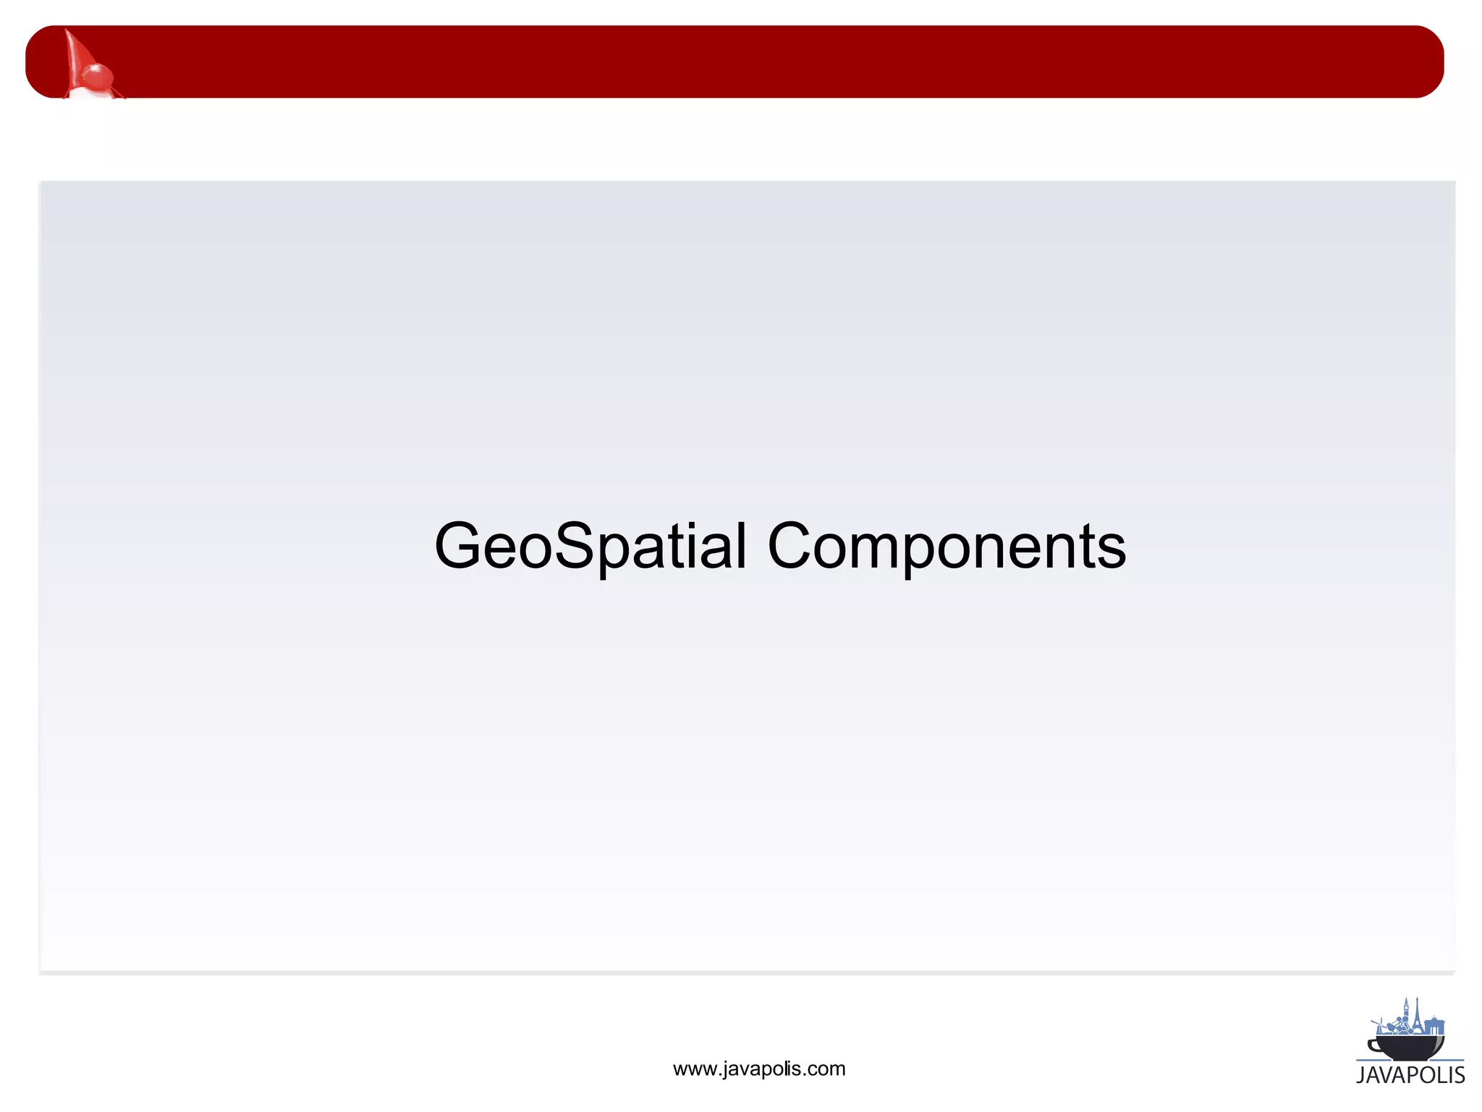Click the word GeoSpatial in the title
pos(590,547)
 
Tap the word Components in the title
pos(946,547)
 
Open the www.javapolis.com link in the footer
pos(758,1069)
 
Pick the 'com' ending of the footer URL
pos(828,1069)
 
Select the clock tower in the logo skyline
pos(1405,1012)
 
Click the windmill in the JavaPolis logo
pos(1379,1027)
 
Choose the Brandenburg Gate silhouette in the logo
pos(1434,1026)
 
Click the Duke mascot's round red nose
pos(97,74)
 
